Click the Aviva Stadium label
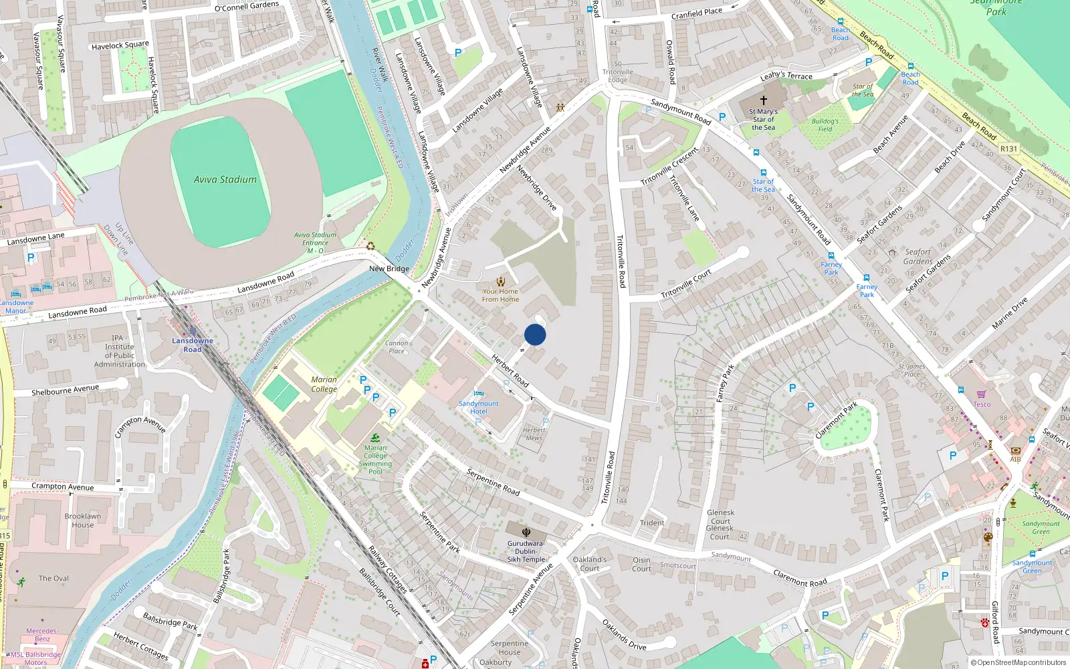point(225,179)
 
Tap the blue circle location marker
point(535,334)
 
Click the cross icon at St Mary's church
point(763,100)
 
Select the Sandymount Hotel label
point(478,407)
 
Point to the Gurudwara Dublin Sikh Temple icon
point(526,532)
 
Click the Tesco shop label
point(982,404)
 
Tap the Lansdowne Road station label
point(193,345)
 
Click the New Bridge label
point(389,269)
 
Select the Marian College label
point(324,384)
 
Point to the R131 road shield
point(1008,149)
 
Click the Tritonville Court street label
point(686,285)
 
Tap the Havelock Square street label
point(120,45)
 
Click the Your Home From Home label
point(500,295)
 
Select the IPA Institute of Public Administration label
point(119,351)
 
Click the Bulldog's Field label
point(825,125)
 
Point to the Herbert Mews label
point(534,434)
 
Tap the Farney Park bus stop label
point(831,268)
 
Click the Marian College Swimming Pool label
point(375,460)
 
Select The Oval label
point(53,578)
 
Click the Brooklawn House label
point(83,520)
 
